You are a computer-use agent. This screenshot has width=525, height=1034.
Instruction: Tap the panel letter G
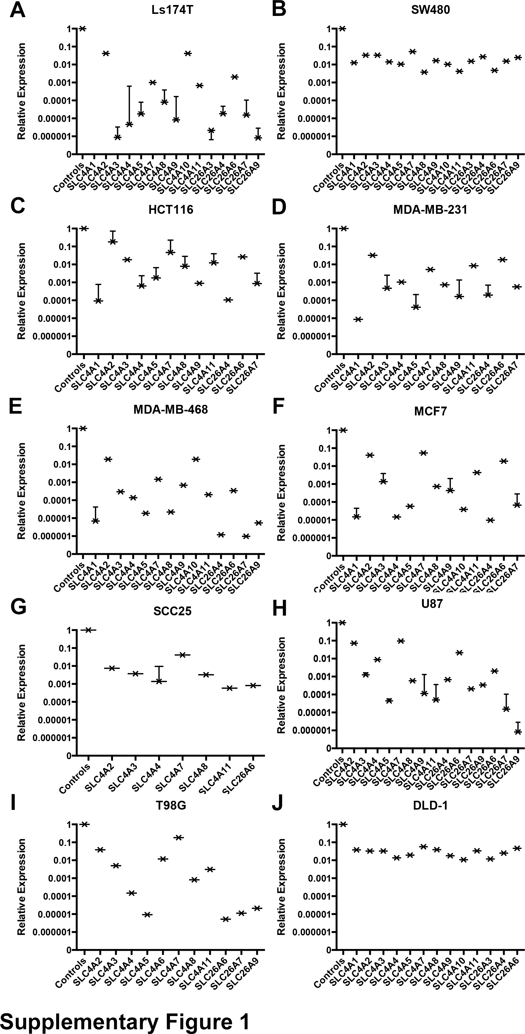coord(18,609)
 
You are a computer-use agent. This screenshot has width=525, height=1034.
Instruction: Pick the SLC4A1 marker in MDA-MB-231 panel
coord(358,319)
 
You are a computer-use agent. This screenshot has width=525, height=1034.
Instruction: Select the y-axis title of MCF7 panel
coord(282,492)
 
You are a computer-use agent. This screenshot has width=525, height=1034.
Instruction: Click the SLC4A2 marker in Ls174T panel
coord(106,53)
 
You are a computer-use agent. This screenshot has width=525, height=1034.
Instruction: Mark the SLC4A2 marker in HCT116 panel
coord(113,241)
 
